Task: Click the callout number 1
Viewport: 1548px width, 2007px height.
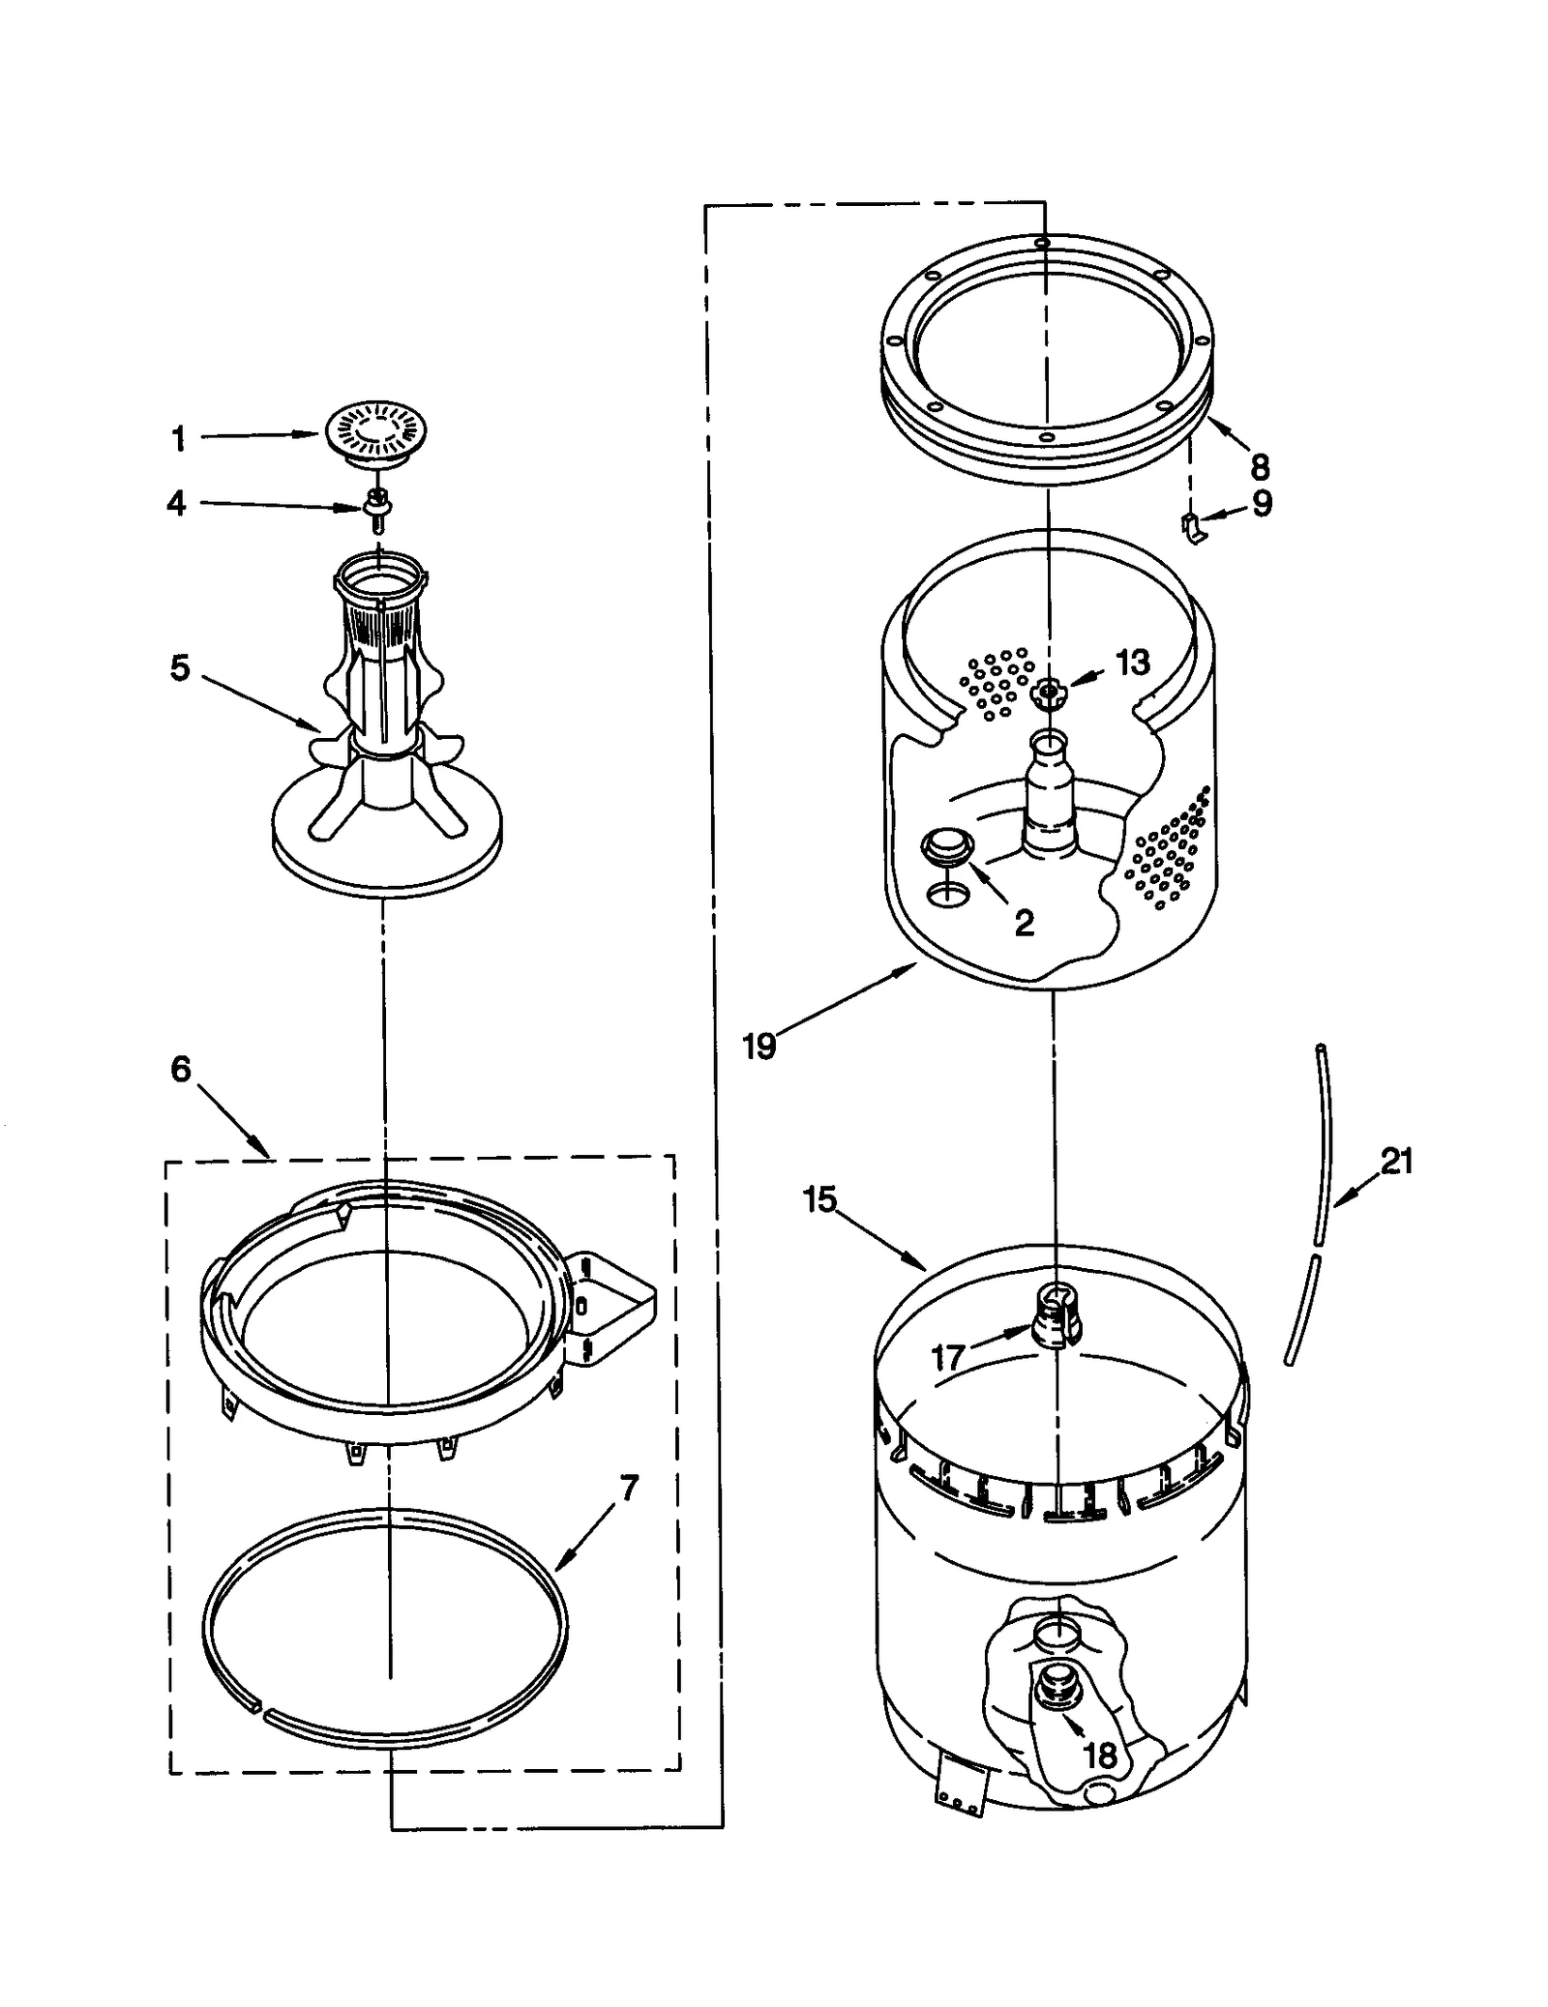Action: coord(178,439)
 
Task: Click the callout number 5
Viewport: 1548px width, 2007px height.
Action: coord(180,667)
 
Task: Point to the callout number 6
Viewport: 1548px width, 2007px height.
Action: coord(181,1069)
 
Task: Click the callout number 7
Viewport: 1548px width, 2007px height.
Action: coord(629,1489)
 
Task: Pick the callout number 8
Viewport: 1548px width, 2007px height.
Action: coord(1259,467)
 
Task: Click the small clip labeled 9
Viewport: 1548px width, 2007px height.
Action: coord(1194,527)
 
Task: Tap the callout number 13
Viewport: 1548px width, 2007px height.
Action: coord(1132,663)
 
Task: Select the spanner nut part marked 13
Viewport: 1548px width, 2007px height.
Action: coord(1047,691)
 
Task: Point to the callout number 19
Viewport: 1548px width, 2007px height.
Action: coord(759,1046)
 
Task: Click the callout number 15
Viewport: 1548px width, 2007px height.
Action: coord(819,1199)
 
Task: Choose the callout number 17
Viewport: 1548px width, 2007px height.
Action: coord(948,1358)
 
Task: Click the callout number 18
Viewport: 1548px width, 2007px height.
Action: coord(1101,1756)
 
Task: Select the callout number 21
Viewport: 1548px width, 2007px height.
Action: coord(1396,1160)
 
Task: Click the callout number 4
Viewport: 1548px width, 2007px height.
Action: coord(176,503)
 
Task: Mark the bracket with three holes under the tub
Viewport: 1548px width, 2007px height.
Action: coord(959,1791)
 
